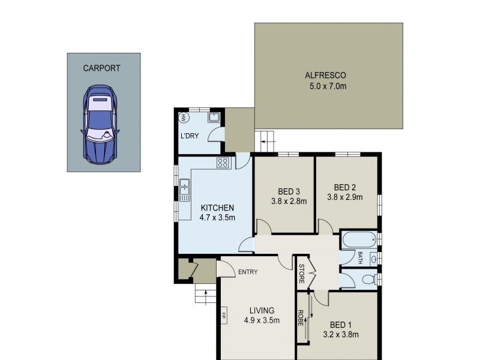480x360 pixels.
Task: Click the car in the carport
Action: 100,124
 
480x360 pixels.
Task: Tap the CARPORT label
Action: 101,68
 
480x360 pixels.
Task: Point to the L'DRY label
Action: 189,136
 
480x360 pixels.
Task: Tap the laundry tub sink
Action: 213,116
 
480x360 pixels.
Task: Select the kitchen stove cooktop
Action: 223,162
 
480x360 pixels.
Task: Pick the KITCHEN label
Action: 217,208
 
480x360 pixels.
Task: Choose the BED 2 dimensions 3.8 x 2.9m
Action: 345,196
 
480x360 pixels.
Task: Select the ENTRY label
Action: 247,272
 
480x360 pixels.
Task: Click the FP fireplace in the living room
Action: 223,315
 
